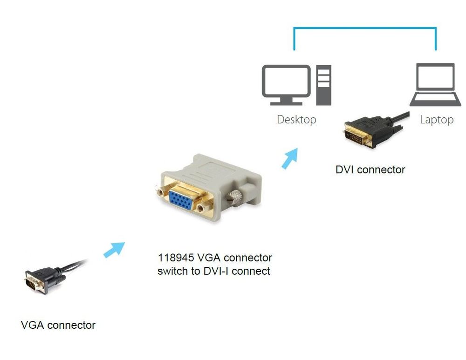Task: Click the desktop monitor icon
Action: coord(286,82)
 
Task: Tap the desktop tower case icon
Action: coord(323,85)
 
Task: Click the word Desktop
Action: coord(296,120)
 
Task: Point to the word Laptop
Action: coord(436,120)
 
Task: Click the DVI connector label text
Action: coord(370,170)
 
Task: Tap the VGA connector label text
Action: coord(58,325)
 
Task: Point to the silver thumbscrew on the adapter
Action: coord(236,197)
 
